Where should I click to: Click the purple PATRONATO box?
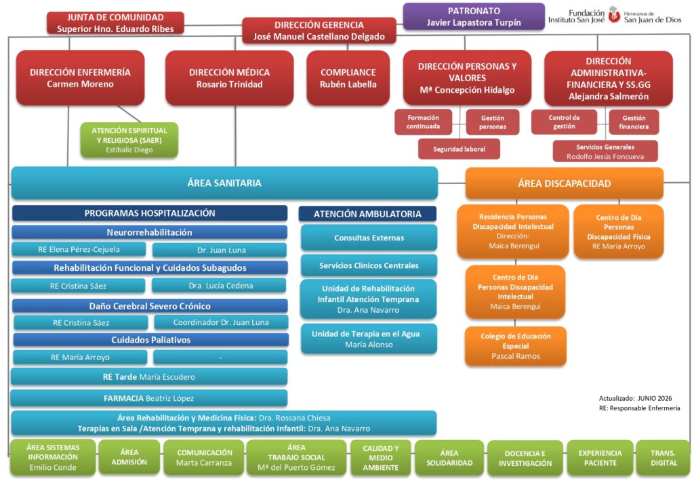coord(474,16)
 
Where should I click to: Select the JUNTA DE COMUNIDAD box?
coord(115,23)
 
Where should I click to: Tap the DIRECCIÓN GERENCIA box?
coord(319,30)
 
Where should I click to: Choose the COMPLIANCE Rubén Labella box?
coord(348,79)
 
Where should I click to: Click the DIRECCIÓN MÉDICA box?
coord(229,79)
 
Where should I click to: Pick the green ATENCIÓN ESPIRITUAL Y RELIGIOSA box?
coord(129,140)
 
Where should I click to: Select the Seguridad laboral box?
coord(459,149)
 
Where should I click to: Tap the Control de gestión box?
coord(564,122)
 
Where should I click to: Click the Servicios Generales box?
coord(605,151)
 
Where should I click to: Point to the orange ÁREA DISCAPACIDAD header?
coord(565,183)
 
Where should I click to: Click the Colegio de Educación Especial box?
coord(516,346)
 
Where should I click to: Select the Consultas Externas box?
coord(369,238)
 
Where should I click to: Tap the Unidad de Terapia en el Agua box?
coord(369,339)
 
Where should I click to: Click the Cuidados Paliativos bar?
coord(151,340)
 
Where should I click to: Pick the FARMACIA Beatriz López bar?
coord(148,398)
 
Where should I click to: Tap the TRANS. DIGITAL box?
coord(663,458)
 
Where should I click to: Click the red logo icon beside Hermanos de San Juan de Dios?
coord(614,15)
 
